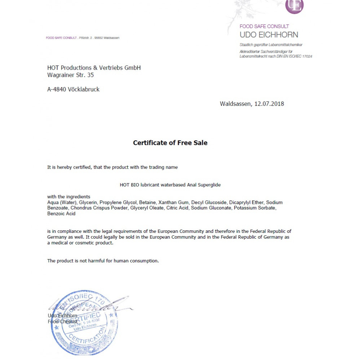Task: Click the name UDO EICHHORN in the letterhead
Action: [269, 35]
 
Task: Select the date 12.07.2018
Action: [269, 104]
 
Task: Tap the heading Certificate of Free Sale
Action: [170, 143]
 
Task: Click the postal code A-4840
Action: [57, 90]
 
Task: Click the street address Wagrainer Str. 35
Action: [70, 75]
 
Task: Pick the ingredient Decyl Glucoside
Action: [209, 203]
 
